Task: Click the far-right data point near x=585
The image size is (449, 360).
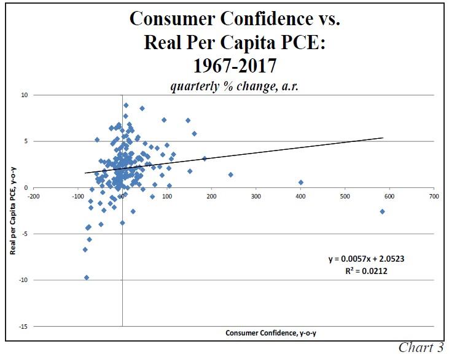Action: (x=382, y=211)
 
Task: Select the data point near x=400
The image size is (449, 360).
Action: (x=300, y=182)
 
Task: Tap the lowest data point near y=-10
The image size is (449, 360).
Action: (x=87, y=278)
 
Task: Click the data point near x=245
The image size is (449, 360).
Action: (x=231, y=174)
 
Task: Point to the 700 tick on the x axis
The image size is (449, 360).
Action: (x=434, y=197)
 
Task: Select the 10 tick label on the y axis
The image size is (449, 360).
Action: (x=24, y=95)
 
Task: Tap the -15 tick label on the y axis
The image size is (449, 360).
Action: (x=23, y=326)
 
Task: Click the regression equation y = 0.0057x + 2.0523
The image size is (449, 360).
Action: (x=366, y=259)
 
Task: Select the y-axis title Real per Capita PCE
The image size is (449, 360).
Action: (x=13, y=211)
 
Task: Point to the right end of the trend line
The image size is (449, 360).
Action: (x=383, y=138)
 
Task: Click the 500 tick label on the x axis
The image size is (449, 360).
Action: (x=345, y=197)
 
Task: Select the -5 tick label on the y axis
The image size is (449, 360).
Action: (x=24, y=233)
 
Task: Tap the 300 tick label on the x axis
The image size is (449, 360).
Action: (x=256, y=197)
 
